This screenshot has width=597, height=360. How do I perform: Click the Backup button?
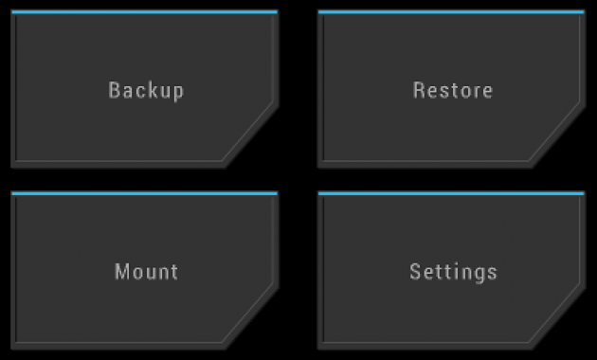(145, 89)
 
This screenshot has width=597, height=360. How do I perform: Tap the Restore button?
(451, 89)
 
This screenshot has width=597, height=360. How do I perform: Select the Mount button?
(145, 271)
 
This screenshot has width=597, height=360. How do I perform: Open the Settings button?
(451, 271)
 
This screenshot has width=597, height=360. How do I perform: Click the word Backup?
(146, 91)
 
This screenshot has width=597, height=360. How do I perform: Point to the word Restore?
(453, 91)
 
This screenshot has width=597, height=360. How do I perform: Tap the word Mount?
(147, 272)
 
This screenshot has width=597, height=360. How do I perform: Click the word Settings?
(454, 273)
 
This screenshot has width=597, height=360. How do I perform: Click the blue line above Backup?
(145, 11)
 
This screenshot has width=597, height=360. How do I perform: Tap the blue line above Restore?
(451, 11)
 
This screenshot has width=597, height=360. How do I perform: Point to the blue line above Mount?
(145, 193)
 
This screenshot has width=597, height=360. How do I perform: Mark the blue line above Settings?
(451, 193)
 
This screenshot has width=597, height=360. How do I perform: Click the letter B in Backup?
(115, 91)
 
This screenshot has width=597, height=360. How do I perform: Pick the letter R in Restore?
(419, 91)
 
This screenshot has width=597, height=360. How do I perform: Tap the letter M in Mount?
(122, 272)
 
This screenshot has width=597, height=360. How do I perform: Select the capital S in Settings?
(415, 272)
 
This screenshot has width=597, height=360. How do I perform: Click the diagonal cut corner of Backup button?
(250, 134)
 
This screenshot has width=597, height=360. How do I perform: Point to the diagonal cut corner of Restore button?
(557, 134)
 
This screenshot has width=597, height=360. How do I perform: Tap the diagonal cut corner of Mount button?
(250, 315)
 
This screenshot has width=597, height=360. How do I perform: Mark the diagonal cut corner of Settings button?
(557, 315)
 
